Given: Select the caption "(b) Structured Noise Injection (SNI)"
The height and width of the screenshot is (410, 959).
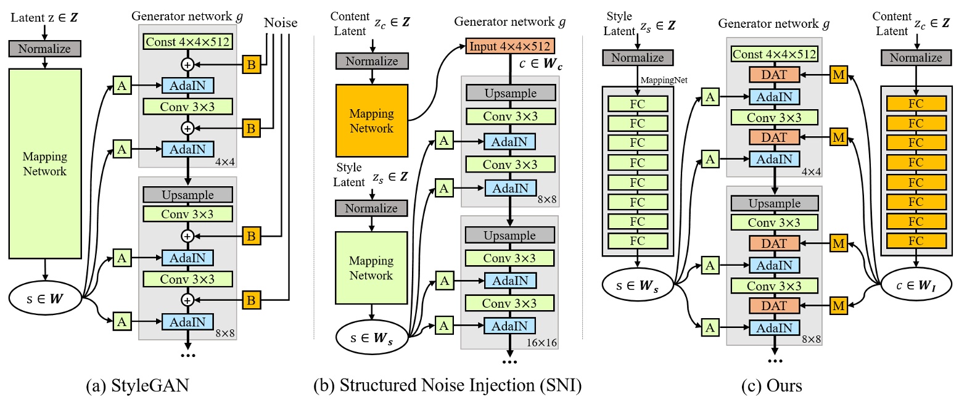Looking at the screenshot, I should [x=448, y=387].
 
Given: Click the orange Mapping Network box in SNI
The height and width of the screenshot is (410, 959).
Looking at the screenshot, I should [x=372, y=120].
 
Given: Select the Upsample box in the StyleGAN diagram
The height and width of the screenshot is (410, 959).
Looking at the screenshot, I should [x=187, y=194].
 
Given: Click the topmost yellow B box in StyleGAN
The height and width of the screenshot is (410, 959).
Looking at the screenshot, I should [x=252, y=64].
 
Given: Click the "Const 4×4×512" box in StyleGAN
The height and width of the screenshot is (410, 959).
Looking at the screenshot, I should [x=187, y=43].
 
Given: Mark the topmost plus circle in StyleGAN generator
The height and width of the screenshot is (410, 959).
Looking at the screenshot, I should [x=187, y=64].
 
